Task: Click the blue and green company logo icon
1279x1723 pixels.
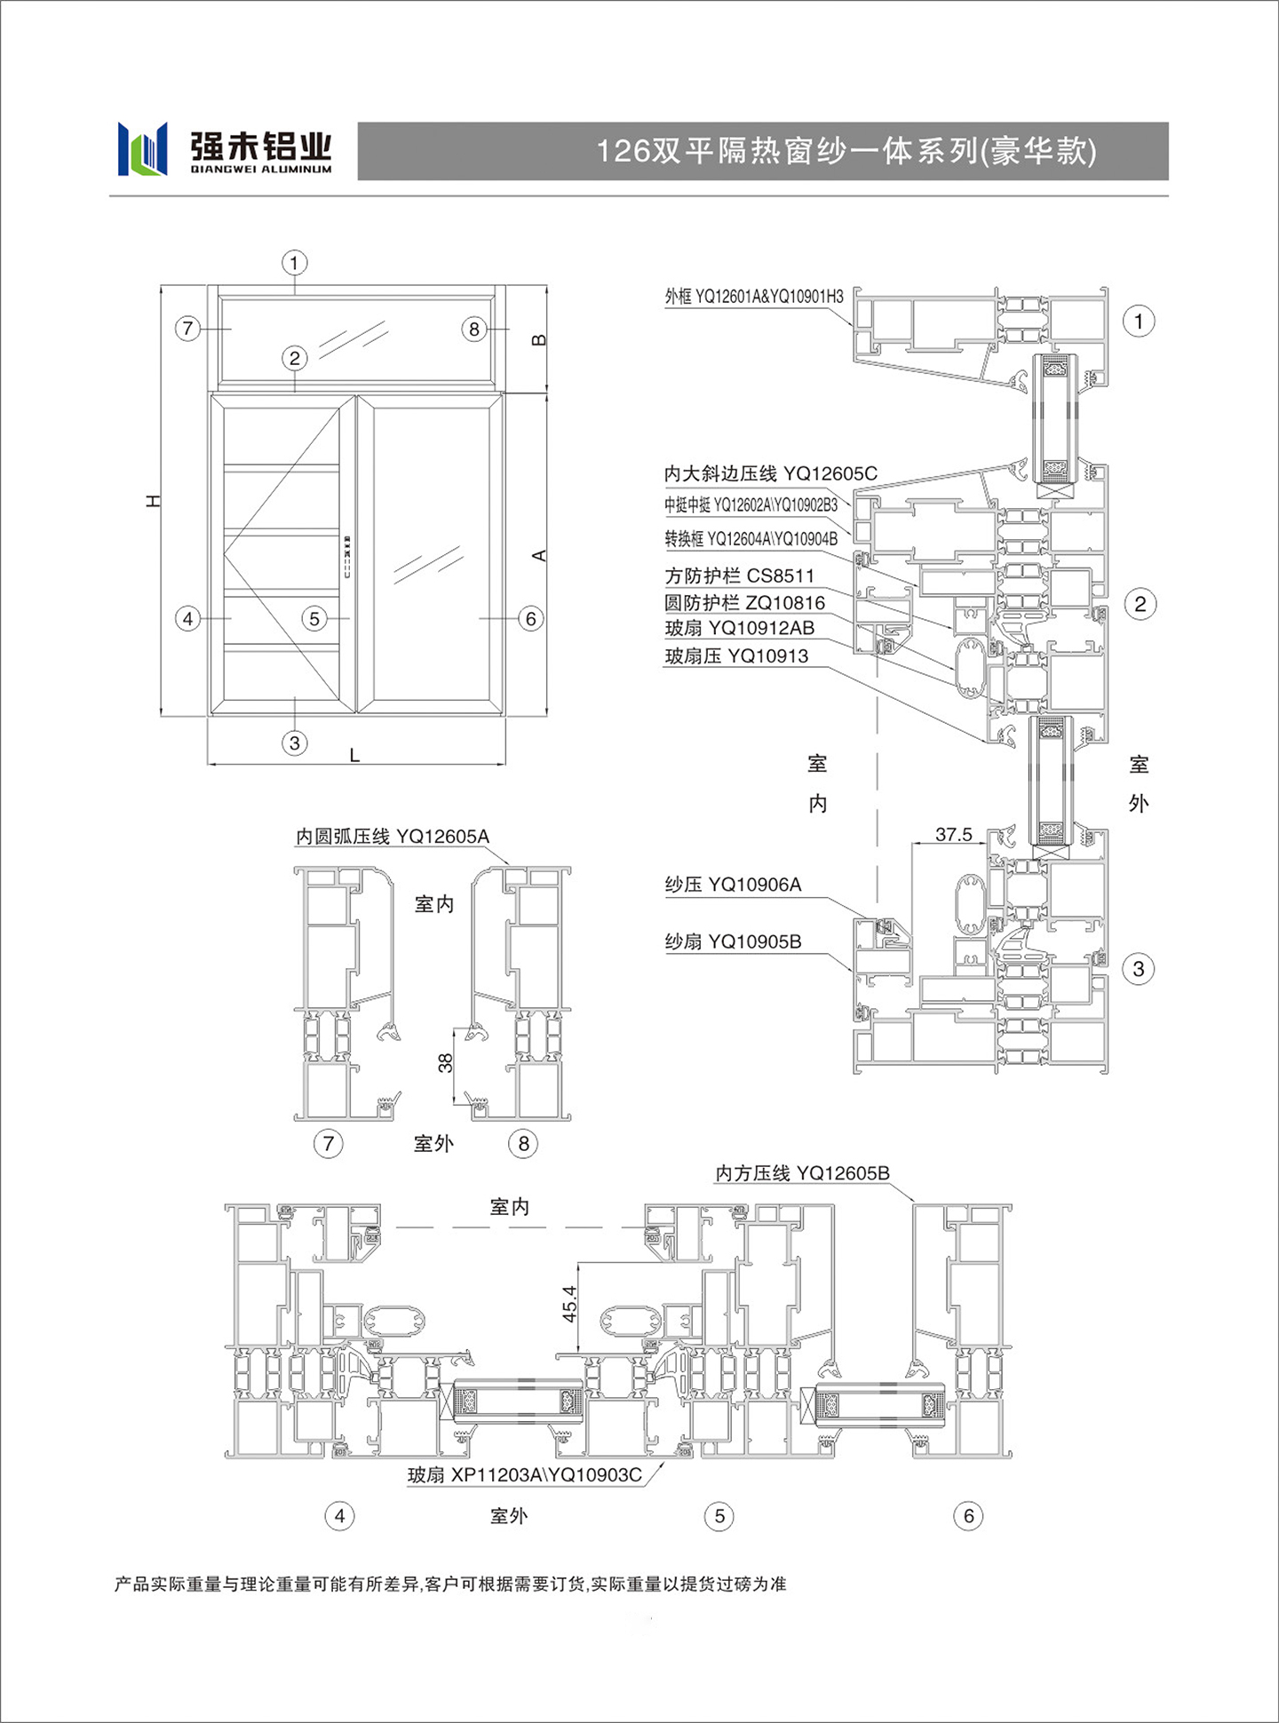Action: click(x=142, y=148)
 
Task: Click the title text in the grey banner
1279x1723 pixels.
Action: click(x=846, y=151)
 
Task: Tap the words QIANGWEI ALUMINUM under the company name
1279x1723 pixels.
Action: click(x=261, y=169)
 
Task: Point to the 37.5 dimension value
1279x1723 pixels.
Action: click(x=954, y=834)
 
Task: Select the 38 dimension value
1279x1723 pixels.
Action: click(x=445, y=1062)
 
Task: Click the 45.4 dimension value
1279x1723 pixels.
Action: click(x=569, y=1304)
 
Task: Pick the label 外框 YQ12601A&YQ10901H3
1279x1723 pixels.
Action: click(x=754, y=296)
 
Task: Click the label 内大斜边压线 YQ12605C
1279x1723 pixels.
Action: click(x=770, y=473)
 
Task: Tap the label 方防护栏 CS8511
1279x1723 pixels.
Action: click(x=739, y=576)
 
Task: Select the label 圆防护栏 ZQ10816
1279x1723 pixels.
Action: click(x=744, y=603)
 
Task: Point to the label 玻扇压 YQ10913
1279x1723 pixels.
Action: click(x=736, y=656)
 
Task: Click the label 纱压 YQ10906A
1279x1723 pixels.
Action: click(x=733, y=885)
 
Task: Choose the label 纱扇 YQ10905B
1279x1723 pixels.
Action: click(x=733, y=941)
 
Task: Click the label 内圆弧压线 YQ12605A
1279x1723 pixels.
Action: click(x=393, y=837)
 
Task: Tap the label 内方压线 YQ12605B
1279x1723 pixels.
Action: click(x=802, y=1173)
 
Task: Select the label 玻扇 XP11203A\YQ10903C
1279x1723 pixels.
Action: click(x=524, y=1475)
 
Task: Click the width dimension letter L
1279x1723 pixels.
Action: click(x=354, y=755)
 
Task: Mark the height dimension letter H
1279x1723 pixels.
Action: click(x=154, y=501)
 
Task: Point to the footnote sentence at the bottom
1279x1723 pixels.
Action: click(x=450, y=1584)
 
